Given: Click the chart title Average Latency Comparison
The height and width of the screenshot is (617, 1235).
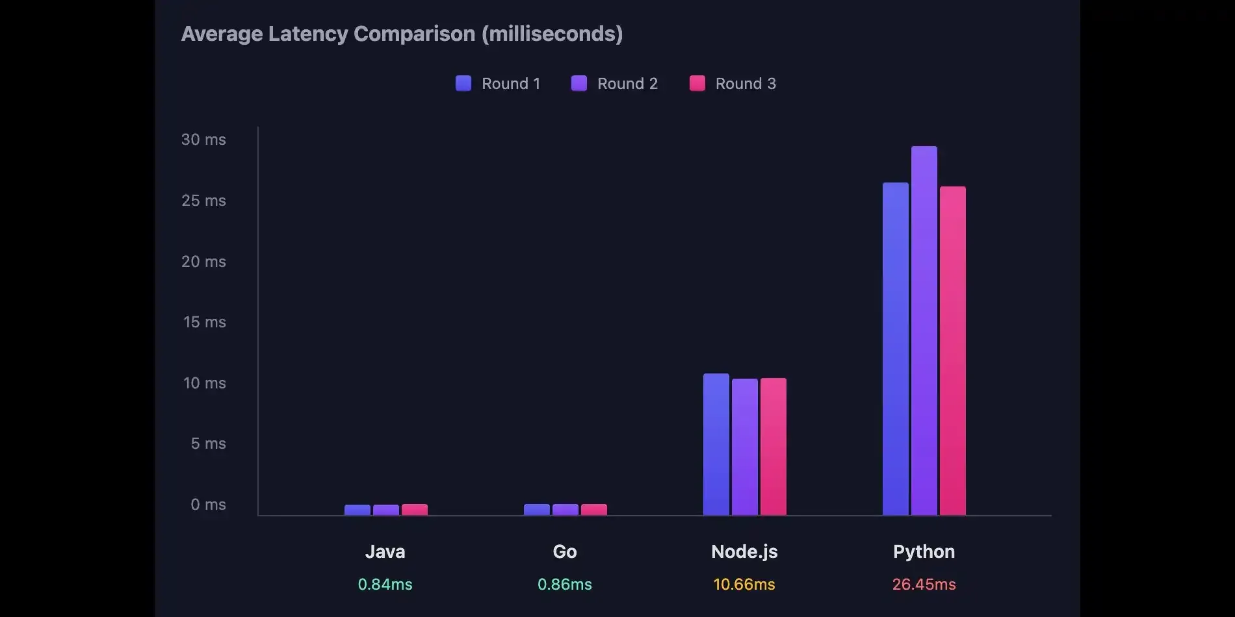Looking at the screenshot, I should click(x=402, y=34).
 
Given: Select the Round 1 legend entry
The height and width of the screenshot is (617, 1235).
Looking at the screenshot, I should click(x=498, y=84).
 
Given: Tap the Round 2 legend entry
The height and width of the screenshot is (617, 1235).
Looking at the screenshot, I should click(x=614, y=84).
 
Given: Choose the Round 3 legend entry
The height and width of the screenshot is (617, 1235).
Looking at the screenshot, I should click(x=733, y=84).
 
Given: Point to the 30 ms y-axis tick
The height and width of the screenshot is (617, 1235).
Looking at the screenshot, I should click(x=203, y=140).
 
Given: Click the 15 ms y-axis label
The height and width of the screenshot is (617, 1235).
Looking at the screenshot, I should click(x=204, y=322).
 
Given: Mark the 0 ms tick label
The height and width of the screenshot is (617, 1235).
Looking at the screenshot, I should click(x=208, y=505).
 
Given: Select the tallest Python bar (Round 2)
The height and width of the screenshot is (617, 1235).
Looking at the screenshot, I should click(x=924, y=331).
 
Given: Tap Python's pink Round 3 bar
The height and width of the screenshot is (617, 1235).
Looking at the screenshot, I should click(x=952, y=351).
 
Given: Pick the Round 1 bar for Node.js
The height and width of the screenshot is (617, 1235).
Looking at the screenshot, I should click(x=716, y=444).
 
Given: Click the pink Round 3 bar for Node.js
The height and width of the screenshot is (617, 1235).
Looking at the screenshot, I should click(x=773, y=447).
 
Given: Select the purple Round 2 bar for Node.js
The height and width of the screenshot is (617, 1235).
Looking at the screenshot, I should click(x=744, y=447).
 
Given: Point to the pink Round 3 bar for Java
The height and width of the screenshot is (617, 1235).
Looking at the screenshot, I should click(x=414, y=510).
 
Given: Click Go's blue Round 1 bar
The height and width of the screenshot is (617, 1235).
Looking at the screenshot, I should click(x=536, y=510).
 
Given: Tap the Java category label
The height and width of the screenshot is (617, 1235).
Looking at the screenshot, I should click(x=385, y=551).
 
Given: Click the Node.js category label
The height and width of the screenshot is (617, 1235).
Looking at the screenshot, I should click(x=744, y=551).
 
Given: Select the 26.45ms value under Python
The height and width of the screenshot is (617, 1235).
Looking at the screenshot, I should click(x=924, y=585).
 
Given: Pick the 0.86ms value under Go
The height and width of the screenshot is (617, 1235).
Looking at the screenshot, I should click(x=564, y=585).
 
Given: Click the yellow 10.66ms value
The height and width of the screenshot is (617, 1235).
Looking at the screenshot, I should click(x=744, y=585).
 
